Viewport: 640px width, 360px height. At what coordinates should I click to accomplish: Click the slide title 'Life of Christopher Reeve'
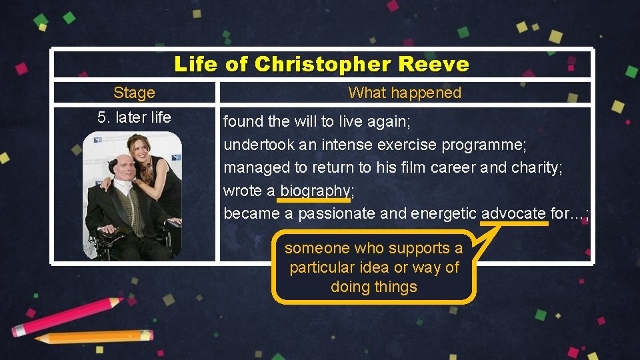click(x=321, y=65)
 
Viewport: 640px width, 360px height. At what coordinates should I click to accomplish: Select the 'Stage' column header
click(x=134, y=93)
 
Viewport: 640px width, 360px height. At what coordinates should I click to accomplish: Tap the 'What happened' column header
click(x=405, y=93)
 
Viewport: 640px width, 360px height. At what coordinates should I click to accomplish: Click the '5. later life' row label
click(x=134, y=118)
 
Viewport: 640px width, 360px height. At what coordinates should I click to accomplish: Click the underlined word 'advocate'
click(x=513, y=213)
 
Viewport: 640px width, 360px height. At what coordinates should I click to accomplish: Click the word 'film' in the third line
click(x=413, y=168)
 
